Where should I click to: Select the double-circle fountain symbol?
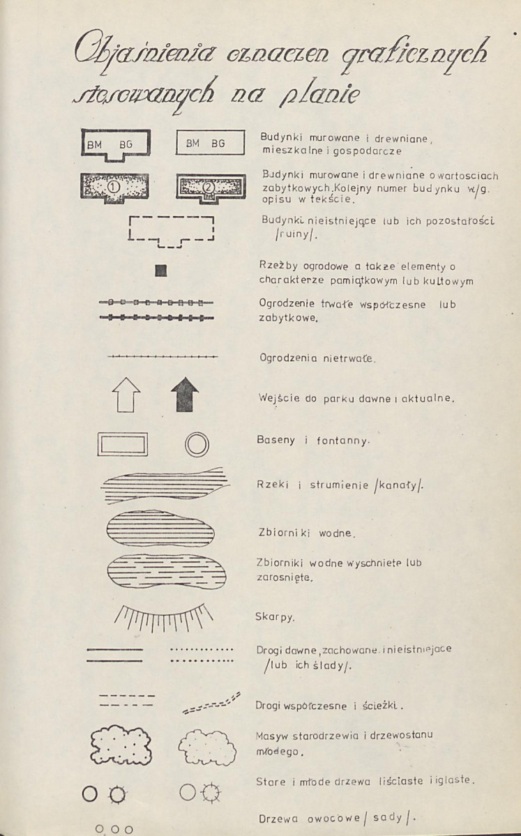pyautogui.click(x=197, y=444)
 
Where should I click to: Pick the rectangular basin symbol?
pyautogui.click(x=123, y=444)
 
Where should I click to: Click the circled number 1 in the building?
pyautogui.click(x=116, y=187)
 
